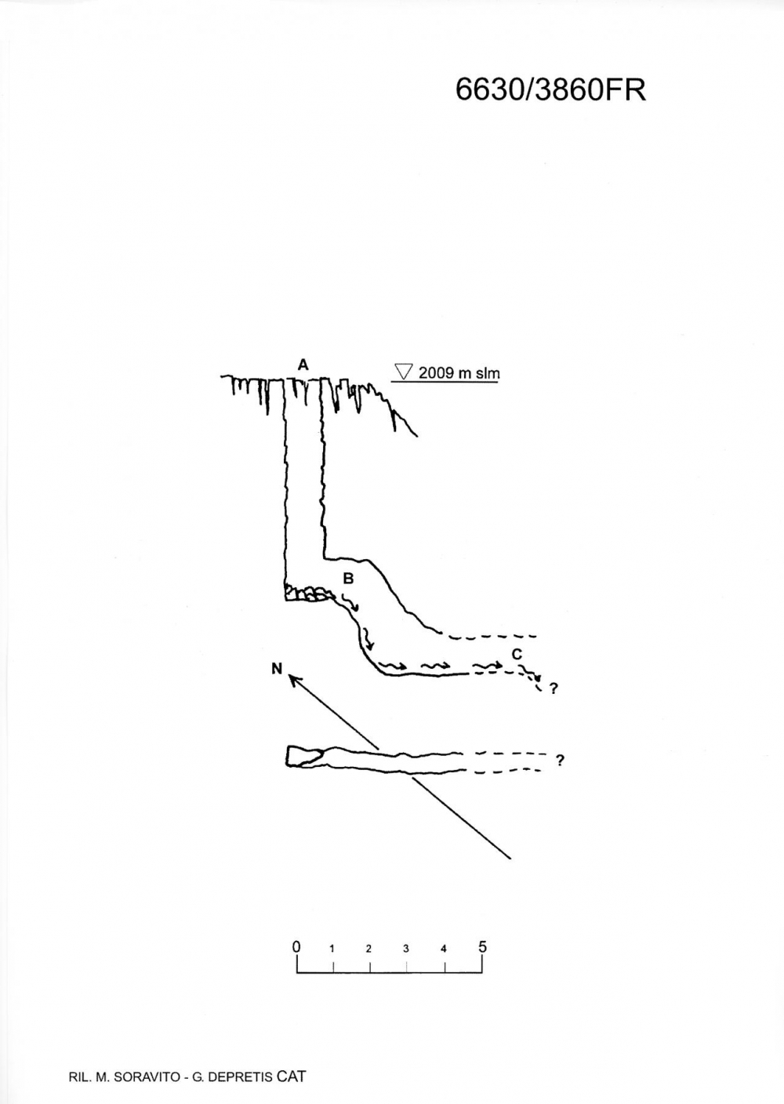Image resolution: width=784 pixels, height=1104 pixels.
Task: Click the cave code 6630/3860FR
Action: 550,90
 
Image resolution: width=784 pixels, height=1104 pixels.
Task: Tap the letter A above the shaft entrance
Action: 303,365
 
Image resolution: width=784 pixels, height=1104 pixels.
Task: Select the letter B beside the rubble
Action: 348,578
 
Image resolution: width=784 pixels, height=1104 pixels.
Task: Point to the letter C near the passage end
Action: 517,655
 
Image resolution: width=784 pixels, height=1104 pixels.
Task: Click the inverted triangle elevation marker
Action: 404,372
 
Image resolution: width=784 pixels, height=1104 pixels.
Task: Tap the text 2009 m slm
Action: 459,373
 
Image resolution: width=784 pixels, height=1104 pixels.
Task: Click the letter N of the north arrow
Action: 277,668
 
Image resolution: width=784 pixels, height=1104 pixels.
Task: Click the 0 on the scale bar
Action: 296,946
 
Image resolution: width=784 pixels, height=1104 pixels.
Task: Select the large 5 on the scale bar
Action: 482,946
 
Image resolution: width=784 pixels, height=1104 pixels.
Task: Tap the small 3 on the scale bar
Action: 406,949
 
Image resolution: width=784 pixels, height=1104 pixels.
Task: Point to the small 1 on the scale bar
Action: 332,949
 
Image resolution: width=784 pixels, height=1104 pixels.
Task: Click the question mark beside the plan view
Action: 560,761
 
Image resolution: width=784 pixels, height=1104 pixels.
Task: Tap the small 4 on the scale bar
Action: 444,949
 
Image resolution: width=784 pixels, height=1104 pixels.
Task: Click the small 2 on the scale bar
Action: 368,949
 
